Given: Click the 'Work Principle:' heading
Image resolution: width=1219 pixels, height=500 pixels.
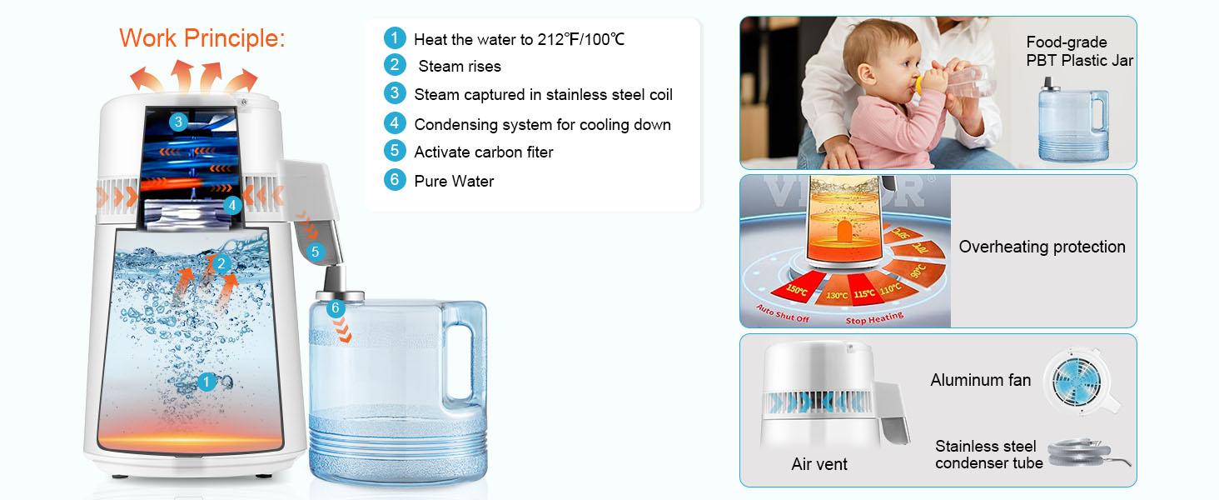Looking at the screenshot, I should (202, 37).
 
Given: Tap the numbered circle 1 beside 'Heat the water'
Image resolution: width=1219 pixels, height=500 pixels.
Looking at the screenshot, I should (395, 38).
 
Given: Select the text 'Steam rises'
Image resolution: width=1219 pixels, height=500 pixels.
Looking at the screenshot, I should (459, 67).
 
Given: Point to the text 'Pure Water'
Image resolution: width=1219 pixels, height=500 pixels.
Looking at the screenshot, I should (454, 181).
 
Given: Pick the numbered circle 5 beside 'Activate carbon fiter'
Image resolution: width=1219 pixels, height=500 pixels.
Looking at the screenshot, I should (395, 152).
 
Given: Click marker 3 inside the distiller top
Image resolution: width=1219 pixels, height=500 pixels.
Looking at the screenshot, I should (178, 122).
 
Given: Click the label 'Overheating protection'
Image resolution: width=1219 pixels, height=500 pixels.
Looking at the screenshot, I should (1042, 247).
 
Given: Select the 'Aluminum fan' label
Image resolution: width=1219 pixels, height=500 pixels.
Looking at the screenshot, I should (980, 380).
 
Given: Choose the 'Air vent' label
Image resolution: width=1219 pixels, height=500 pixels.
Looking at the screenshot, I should (819, 464).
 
